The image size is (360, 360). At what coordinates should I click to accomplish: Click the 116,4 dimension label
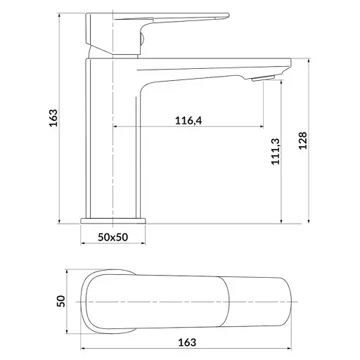tap(188, 120)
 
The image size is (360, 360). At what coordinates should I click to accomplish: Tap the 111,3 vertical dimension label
tap(276, 151)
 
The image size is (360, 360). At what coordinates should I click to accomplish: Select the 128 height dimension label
tap(302, 141)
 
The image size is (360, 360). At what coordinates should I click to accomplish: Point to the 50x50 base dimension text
tap(112, 237)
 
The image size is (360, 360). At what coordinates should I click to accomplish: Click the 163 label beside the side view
tap(53, 118)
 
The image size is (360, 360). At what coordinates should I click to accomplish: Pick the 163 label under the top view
tap(187, 342)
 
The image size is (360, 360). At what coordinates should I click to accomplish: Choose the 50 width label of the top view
tap(60, 301)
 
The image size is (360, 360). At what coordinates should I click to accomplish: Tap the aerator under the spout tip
tap(263, 78)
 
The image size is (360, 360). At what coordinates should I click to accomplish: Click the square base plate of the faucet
tap(113, 221)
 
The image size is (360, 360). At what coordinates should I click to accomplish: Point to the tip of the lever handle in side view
tap(229, 15)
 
